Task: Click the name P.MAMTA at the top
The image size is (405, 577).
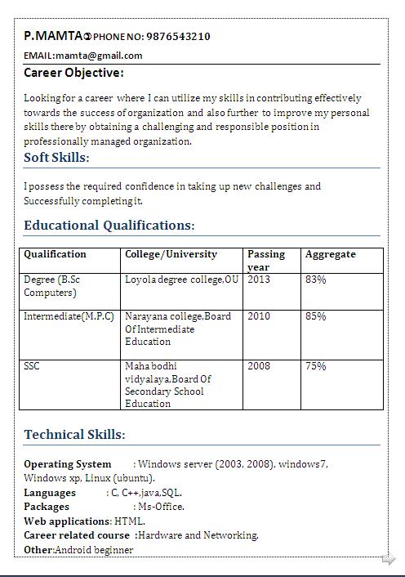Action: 53,36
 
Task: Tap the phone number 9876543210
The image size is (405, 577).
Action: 177,37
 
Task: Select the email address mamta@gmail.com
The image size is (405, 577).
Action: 99,56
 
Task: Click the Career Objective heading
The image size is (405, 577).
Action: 73,74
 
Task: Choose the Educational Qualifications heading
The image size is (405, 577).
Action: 109,226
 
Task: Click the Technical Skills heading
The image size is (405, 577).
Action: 74,435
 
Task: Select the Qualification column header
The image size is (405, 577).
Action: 55,254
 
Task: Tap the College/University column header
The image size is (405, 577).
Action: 171,254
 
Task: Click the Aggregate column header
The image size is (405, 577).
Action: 331,254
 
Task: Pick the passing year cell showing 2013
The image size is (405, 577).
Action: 259,280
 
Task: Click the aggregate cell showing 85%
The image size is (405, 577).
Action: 316,316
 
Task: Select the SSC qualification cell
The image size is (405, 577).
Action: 32,366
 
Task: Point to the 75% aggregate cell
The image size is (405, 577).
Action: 316,366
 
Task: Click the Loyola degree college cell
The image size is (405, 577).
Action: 181,280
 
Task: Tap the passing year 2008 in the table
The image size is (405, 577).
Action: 259,366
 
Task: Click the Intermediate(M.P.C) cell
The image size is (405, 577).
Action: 69,316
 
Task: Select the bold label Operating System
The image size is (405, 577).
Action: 67,464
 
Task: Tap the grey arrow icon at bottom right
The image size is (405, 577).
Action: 389,559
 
